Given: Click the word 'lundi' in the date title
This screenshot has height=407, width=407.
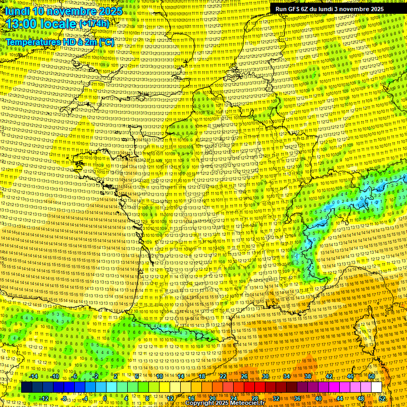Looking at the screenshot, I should pyautogui.click(x=16, y=11).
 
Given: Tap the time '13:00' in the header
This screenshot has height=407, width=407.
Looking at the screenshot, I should pyautogui.click(x=21, y=24).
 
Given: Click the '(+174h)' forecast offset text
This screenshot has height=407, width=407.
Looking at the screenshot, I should pyautogui.click(x=94, y=24).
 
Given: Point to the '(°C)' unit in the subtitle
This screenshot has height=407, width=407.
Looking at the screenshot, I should pyautogui.click(x=105, y=41).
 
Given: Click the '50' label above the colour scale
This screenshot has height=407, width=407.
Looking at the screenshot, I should pyautogui.click(x=371, y=376).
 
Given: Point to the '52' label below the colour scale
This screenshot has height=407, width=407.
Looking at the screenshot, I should pyautogui.click(x=382, y=399).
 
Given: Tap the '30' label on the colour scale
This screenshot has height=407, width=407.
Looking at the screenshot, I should pyautogui.click(x=266, y=376).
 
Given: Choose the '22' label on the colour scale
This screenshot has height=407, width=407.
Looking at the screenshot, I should pyautogui.click(x=223, y=376).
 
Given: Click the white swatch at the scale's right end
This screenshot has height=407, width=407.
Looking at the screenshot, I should pyautogui.click(x=377, y=387).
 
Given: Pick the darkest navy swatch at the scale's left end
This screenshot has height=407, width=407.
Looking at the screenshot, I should pyautogui.click(x=27, y=387).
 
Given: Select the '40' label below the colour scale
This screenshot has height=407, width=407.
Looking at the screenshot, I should pyautogui.click(x=318, y=399).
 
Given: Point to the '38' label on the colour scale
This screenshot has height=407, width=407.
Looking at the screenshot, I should pyautogui.click(x=308, y=376).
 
